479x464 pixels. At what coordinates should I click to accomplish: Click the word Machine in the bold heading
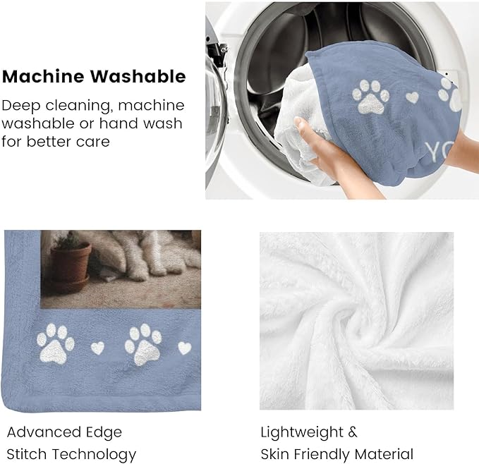(x=40, y=76)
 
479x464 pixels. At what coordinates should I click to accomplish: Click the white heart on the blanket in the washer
(x=412, y=97)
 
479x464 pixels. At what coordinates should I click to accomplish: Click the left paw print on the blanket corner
(x=56, y=343)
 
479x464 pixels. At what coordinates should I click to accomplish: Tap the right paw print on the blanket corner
(x=143, y=343)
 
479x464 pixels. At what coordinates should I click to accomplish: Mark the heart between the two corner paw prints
(x=98, y=348)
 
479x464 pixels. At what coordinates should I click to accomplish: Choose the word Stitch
(x=26, y=453)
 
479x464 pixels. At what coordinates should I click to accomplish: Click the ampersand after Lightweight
(x=353, y=432)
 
